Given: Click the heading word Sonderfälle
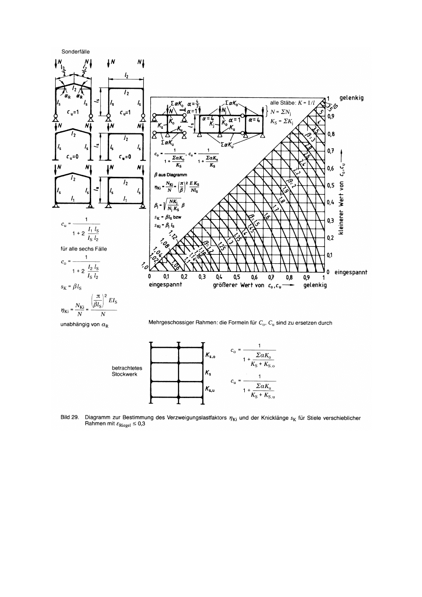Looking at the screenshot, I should (x=76, y=52).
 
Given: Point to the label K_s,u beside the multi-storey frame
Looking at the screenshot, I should (x=212, y=389).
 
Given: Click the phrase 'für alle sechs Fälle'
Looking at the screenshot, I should (x=79, y=246).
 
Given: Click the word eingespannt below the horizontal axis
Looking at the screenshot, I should (x=166, y=286).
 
